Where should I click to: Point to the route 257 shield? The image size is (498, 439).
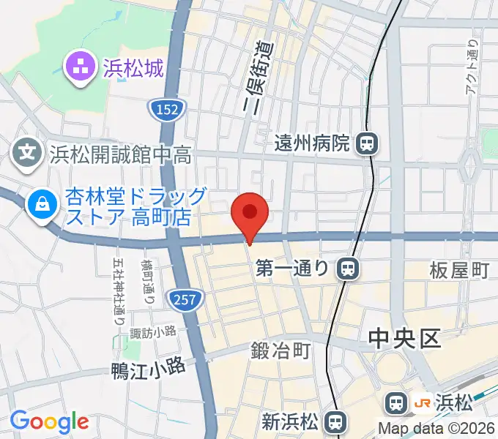[186, 297]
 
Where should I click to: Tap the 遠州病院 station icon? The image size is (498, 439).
[367, 143]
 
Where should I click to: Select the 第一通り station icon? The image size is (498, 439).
[349, 269]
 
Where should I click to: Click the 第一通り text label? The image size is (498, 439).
[294, 269]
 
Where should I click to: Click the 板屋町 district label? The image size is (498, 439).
[459, 271]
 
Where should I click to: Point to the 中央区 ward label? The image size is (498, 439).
[403, 338]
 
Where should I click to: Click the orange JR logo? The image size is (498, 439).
[421, 402]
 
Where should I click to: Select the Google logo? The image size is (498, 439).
[49, 421]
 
